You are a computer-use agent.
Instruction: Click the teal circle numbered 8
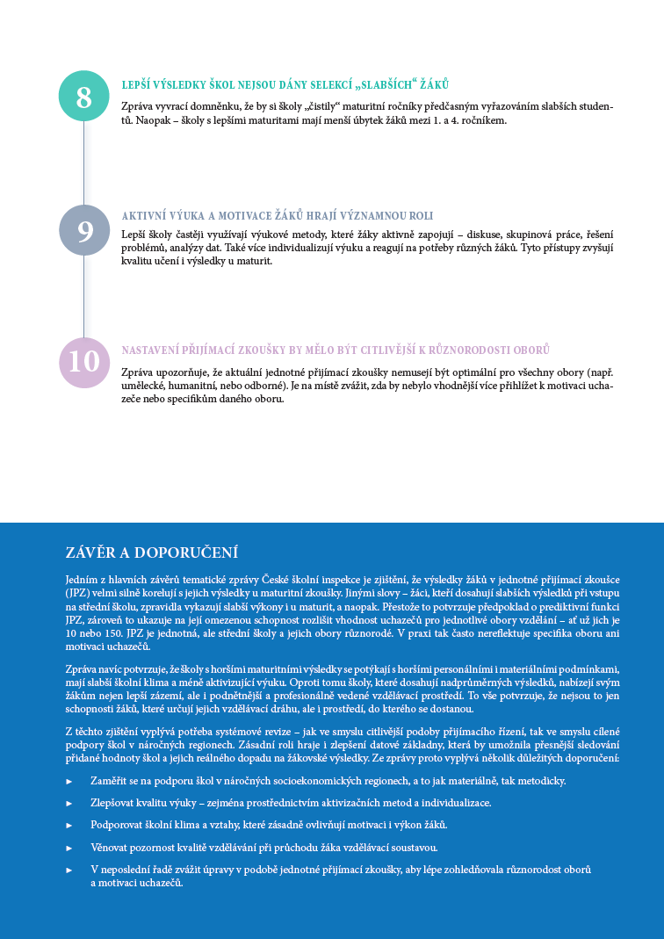(x=83, y=96)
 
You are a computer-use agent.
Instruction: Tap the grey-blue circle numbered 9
(x=84, y=230)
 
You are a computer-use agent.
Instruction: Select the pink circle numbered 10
(x=84, y=362)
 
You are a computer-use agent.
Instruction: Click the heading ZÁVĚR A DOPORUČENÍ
(x=152, y=553)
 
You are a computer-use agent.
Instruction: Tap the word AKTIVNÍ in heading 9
(x=144, y=216)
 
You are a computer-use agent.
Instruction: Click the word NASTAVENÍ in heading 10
(x=152, y=350)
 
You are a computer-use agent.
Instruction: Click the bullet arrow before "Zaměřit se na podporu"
(x=69, y=781)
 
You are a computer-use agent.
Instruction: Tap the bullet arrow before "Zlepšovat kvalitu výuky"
(x=69, y=803)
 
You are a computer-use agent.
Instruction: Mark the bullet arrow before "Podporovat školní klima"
(x=69, y=825)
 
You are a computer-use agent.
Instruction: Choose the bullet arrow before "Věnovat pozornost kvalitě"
(x=69, y=848)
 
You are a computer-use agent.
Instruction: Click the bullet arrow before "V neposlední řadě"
(x=69, y=870)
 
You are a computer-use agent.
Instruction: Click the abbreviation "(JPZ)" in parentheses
(x=77, y=594)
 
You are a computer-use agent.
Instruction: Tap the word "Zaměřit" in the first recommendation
(x=108, y=781)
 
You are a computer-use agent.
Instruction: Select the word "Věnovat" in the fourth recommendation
(x=110, y=848)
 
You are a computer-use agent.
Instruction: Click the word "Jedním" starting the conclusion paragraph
(x=82, y=581)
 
